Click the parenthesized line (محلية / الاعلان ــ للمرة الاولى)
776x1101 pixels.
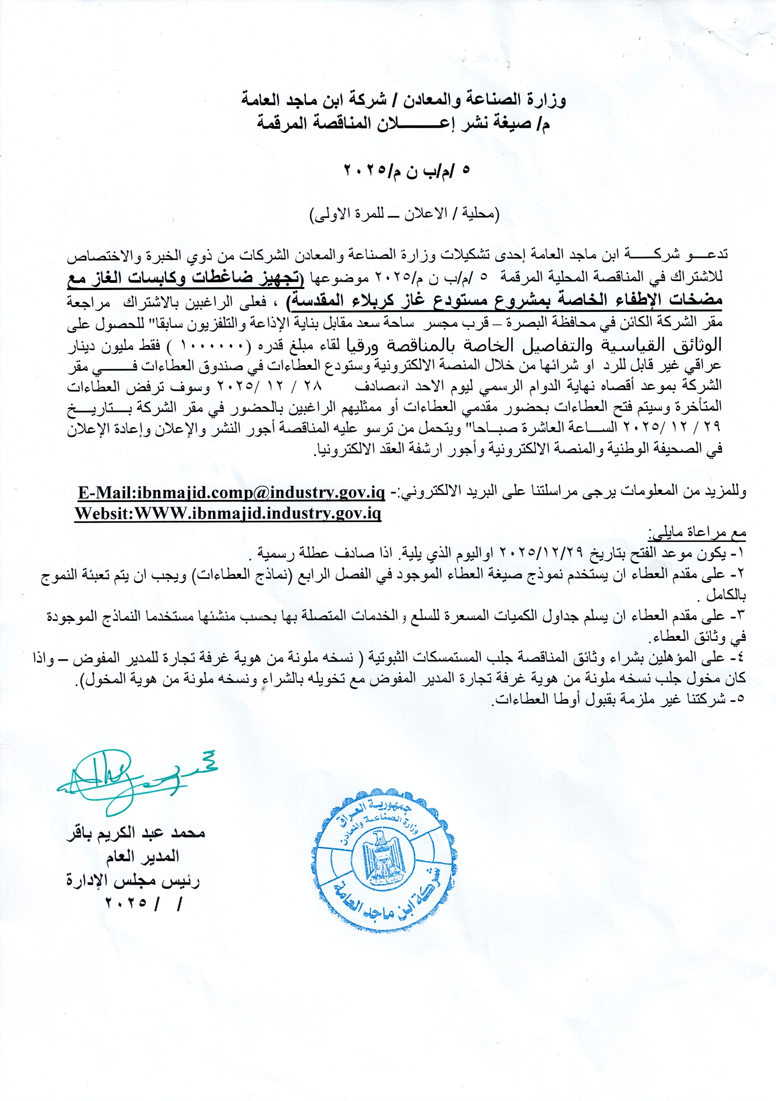(x=406, y=214)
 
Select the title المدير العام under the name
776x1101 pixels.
(x=143, y=856)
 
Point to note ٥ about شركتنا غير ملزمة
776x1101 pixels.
(x=618, y=700)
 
